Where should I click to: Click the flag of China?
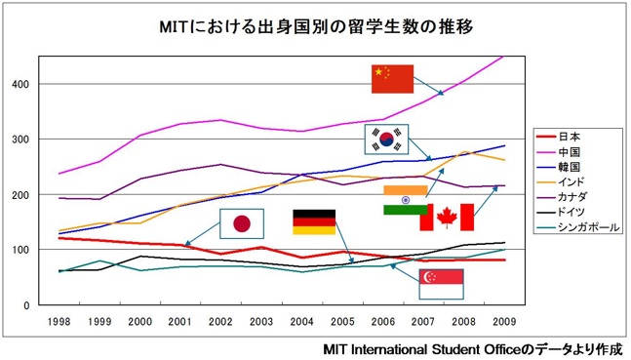[x=392, y=79]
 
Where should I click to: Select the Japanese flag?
[x=242, y=225]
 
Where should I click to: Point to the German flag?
[x=313, y=221]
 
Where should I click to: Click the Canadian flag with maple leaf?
[x=446, y=218]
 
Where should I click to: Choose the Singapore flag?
[x=441, y=284]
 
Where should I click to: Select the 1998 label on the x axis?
[x=58, y=321]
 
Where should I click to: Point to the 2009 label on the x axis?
[x=504, y=321]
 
